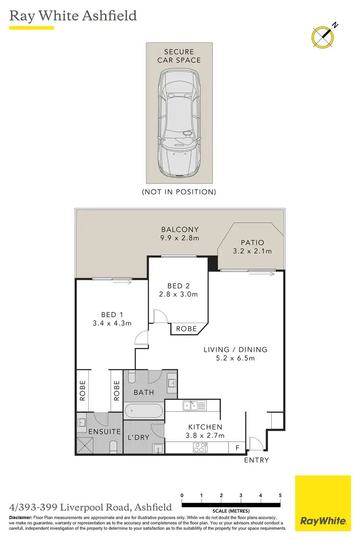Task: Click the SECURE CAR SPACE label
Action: (x=179, y=56)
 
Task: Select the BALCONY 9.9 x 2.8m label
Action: (x=180, y=234)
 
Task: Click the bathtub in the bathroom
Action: (x=144, y=411)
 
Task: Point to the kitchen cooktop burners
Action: (x=200, y=448)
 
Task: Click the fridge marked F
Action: (x=237, y=448)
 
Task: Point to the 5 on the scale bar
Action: (x=280, y=495)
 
